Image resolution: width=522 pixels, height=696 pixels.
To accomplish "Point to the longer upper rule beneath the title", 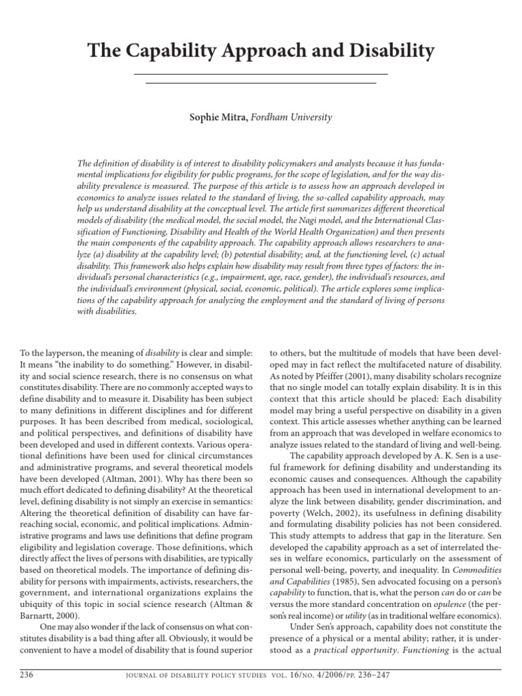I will click(261, 73).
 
